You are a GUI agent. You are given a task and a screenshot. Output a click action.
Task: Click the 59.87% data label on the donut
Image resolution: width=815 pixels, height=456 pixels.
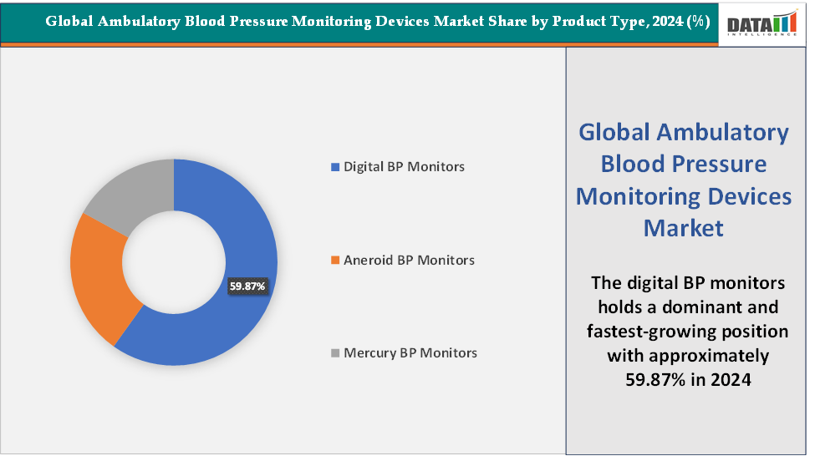[247, 286]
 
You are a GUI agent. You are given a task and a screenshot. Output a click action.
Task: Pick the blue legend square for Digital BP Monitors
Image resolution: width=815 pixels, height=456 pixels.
[336, 167]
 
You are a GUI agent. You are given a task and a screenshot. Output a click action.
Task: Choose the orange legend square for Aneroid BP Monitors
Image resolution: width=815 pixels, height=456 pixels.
[336, 261]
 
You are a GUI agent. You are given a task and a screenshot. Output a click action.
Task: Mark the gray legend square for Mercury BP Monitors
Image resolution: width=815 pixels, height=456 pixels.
[336, 353]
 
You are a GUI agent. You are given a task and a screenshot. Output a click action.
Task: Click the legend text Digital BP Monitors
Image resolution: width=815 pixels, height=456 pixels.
[404, 167]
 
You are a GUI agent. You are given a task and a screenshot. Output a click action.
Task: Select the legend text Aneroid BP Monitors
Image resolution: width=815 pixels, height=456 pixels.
[409, 261]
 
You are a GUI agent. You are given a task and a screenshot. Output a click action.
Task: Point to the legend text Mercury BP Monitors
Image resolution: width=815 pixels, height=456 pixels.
[410, 353]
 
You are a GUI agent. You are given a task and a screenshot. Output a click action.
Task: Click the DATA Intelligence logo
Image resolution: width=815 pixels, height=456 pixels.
[762, 25]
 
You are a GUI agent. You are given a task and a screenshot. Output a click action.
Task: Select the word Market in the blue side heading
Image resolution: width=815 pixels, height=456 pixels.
[684, 227]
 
